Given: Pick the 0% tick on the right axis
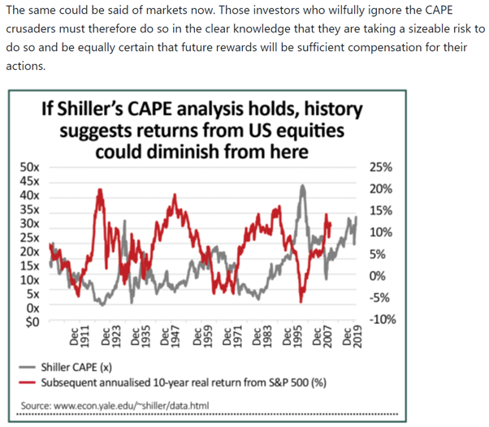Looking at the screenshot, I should pos(377,276).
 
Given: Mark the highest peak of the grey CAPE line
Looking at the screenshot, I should pos(303,186).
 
